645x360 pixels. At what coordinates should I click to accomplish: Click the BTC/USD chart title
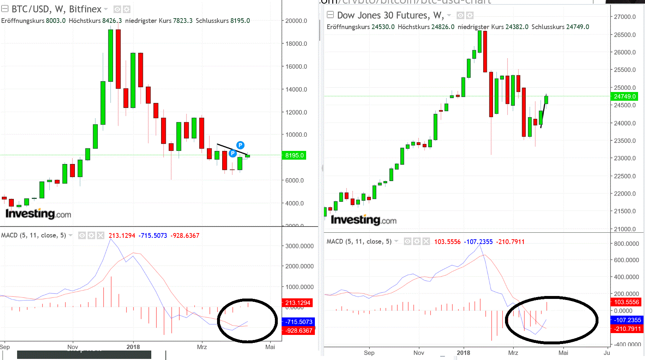[56, 9]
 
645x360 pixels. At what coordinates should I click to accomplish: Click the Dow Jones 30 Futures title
[390, 15]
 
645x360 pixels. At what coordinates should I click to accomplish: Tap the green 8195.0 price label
[294, 156]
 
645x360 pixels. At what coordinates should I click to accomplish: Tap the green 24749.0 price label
[625, 96]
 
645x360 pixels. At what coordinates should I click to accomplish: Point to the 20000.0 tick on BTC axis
[296, 21]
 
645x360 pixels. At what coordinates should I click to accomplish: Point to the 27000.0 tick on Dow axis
[625, 17]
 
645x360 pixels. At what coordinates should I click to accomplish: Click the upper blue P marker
[240, 145]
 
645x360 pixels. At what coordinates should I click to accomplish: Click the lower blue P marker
[233, 153]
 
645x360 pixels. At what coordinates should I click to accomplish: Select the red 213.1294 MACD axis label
[297, 303]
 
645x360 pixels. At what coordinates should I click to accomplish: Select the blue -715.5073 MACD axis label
[299, 322]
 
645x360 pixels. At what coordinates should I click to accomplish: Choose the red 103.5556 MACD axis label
[626, 302]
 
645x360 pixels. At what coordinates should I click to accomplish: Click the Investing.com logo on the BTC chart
[38, 214]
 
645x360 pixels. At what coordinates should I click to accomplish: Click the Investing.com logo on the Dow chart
[364, 220]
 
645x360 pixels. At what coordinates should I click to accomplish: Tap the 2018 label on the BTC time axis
[133, 347]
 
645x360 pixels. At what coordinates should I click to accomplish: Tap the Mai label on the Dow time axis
[563, 353]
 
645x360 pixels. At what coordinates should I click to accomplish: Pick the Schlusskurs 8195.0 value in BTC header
[240, 21]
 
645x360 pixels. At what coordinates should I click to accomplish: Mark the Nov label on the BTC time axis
[73, 347]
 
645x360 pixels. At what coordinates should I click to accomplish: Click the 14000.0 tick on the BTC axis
[296, 89]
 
